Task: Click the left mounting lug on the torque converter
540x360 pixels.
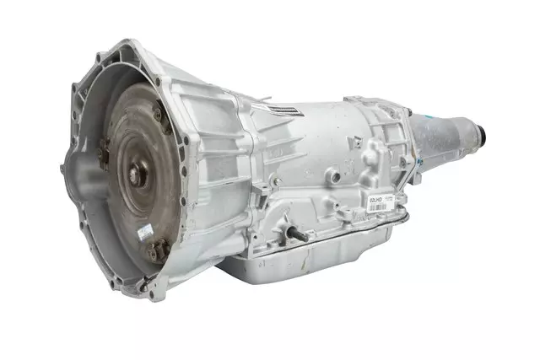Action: coord(103,155)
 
